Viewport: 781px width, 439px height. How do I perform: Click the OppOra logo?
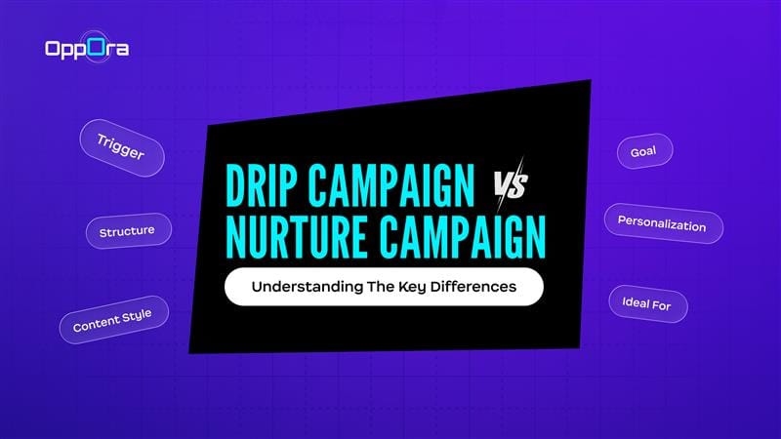tap(87, 48)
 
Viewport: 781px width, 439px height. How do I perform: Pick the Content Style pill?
tap(113, 318)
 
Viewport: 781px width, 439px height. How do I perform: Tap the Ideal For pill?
tap(647, 303)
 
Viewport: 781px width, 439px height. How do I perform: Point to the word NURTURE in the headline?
tap(300, 238)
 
